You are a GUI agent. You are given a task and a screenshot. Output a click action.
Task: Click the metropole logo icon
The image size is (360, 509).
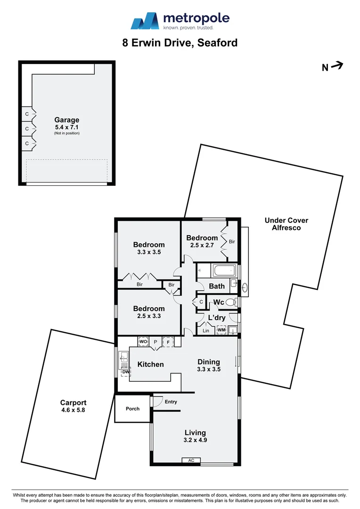145,21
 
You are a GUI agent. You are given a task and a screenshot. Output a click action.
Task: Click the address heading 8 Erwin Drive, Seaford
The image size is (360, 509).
180,43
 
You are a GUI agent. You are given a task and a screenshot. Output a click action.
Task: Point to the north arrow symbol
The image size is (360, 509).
336,66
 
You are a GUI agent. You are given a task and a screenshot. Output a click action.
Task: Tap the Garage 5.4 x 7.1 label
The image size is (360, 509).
66,123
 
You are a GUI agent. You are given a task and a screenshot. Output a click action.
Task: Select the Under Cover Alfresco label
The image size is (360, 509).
286,224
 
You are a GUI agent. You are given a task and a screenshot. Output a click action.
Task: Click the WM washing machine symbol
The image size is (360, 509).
221,330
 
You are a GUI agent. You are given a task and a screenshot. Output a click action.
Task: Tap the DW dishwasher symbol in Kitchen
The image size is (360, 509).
125,372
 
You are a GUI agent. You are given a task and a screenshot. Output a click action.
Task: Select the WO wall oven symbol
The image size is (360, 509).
143,341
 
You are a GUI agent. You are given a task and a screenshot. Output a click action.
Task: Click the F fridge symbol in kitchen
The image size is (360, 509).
168,341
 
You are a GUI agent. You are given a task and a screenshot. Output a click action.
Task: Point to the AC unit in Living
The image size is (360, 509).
191,460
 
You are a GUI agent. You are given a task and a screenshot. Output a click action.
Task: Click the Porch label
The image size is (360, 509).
132,409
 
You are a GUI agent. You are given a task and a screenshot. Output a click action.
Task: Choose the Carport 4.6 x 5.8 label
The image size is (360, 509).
73,406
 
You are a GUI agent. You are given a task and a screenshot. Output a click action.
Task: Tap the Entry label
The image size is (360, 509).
171,402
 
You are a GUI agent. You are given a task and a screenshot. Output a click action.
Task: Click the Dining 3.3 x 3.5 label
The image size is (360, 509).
208,365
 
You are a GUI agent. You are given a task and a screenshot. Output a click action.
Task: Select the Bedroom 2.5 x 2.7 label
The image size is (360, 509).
202,241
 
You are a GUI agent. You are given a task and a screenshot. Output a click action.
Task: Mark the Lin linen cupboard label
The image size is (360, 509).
205,331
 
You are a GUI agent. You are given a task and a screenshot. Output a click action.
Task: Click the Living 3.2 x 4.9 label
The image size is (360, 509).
195,436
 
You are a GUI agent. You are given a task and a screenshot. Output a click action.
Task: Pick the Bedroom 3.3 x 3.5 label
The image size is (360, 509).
149,248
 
